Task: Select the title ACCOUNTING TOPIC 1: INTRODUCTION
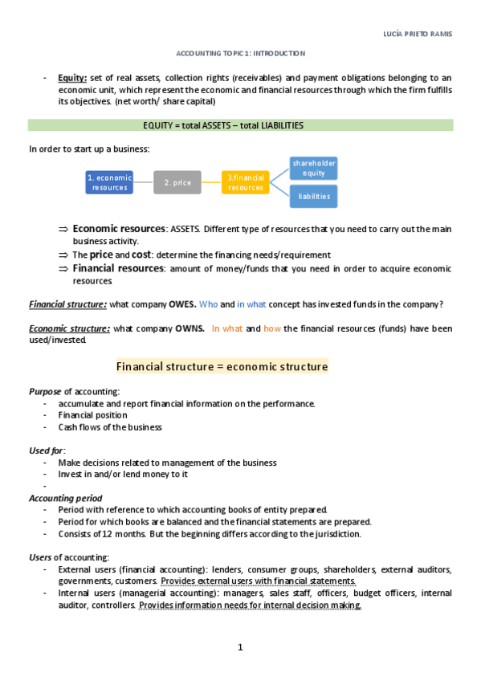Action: point(241,53)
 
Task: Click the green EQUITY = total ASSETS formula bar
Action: point(241,125)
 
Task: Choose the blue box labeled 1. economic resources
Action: point(109,182)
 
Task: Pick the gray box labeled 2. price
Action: point(177,182)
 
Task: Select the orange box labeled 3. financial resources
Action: point(245,182)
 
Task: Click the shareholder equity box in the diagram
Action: point(314,168)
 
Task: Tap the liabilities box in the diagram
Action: point(314,196)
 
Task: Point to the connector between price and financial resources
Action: point(211,182)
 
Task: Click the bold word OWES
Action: point(181,304)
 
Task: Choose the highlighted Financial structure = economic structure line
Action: point(222,367)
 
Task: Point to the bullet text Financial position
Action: point(92,415)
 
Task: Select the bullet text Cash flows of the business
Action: point(110,427)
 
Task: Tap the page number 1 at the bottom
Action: point(240,647)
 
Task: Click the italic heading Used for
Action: point(47,451)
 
